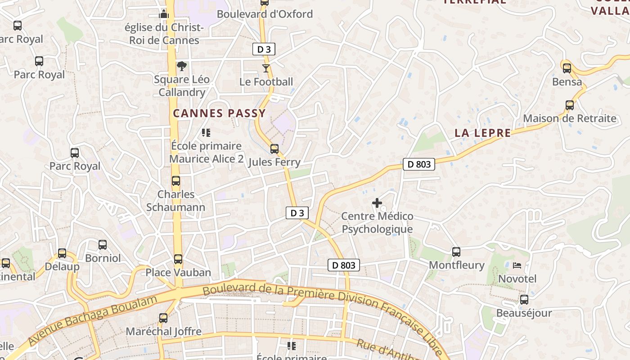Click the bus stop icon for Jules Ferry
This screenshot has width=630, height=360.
coord(274,149)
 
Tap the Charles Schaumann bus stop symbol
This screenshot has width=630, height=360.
coord(176,181)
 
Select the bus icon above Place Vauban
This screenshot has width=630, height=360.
coord(178,259)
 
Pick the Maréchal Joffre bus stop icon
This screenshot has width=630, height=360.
coord(163,318)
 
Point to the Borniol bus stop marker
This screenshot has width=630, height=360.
coord(103,245)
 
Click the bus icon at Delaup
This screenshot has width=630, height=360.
coord(62,253)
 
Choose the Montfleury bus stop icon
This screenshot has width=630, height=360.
coord(456,252)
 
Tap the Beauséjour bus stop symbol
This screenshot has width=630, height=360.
coord(524,300)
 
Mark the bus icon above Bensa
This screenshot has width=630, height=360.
coord(567,68)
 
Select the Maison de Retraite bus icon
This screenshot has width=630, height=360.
coord(570,105)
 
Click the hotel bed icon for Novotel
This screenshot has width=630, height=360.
coord(517,265)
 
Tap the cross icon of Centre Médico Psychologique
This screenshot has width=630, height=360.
coord(377,203)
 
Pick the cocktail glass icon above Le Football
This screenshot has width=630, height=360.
coord(266,68)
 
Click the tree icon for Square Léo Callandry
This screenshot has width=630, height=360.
coord(182,66)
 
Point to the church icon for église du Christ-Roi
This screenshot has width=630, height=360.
coord(163,14)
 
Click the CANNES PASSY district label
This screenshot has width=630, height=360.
coord(220,113)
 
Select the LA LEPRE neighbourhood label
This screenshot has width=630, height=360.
coord(483,133)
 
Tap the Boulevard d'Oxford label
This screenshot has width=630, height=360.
coord(265,14)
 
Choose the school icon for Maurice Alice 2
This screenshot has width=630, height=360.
coord(207,133)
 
